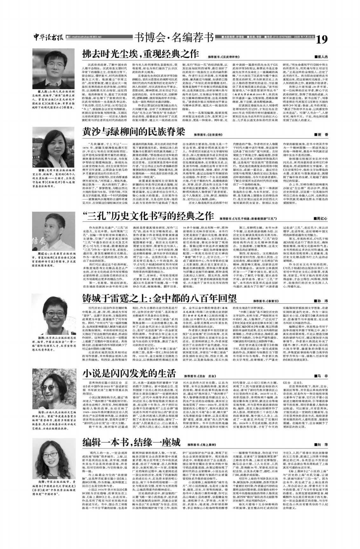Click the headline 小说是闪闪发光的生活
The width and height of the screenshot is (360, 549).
click(x=129, y=373)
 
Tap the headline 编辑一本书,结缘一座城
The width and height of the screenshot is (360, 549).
click(x=132, y=442)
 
